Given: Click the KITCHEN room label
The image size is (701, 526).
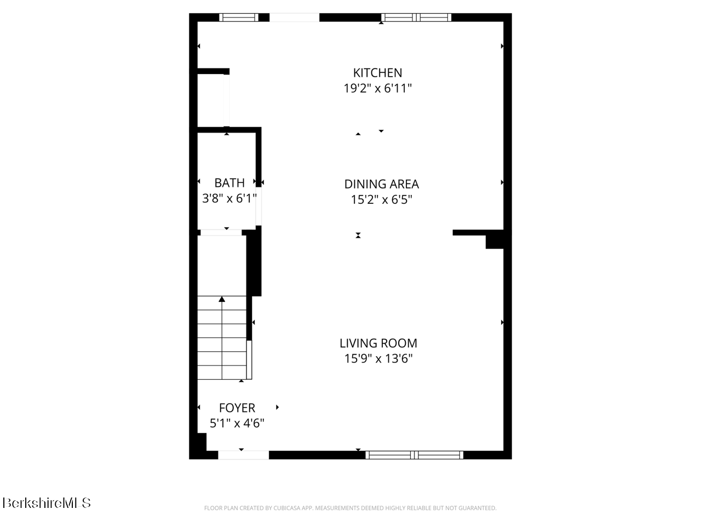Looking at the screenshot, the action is click(377, 73).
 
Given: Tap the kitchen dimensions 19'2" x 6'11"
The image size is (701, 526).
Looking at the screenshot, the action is click(377, 88).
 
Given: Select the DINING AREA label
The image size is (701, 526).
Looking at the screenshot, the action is click(381, 184).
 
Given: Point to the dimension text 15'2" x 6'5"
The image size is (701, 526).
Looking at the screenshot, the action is click(381, 199).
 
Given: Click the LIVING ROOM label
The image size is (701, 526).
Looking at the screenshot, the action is click(378, 343).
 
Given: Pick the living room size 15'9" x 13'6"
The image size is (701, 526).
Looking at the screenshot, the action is click(378, 358).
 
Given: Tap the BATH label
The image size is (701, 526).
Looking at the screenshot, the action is click(229, 183).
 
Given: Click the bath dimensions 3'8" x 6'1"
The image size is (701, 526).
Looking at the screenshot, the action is click(229, 198).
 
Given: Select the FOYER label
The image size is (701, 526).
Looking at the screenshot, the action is click(237, 408).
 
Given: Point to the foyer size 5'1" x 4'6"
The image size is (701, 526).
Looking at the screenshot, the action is click(237, 423).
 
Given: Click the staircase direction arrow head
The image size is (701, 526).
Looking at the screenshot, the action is click(222, 299).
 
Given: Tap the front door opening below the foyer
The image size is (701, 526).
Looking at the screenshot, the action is click(243, 455).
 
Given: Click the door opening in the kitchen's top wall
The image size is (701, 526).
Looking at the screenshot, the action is click(294, 17).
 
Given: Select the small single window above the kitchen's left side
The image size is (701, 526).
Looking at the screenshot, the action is click(239, 17).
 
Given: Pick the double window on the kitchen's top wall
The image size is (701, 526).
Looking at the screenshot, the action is click(416, 17).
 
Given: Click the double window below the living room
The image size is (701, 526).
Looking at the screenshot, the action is click(414, 455).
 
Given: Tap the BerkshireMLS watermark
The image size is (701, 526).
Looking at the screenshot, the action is click(47, 502).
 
